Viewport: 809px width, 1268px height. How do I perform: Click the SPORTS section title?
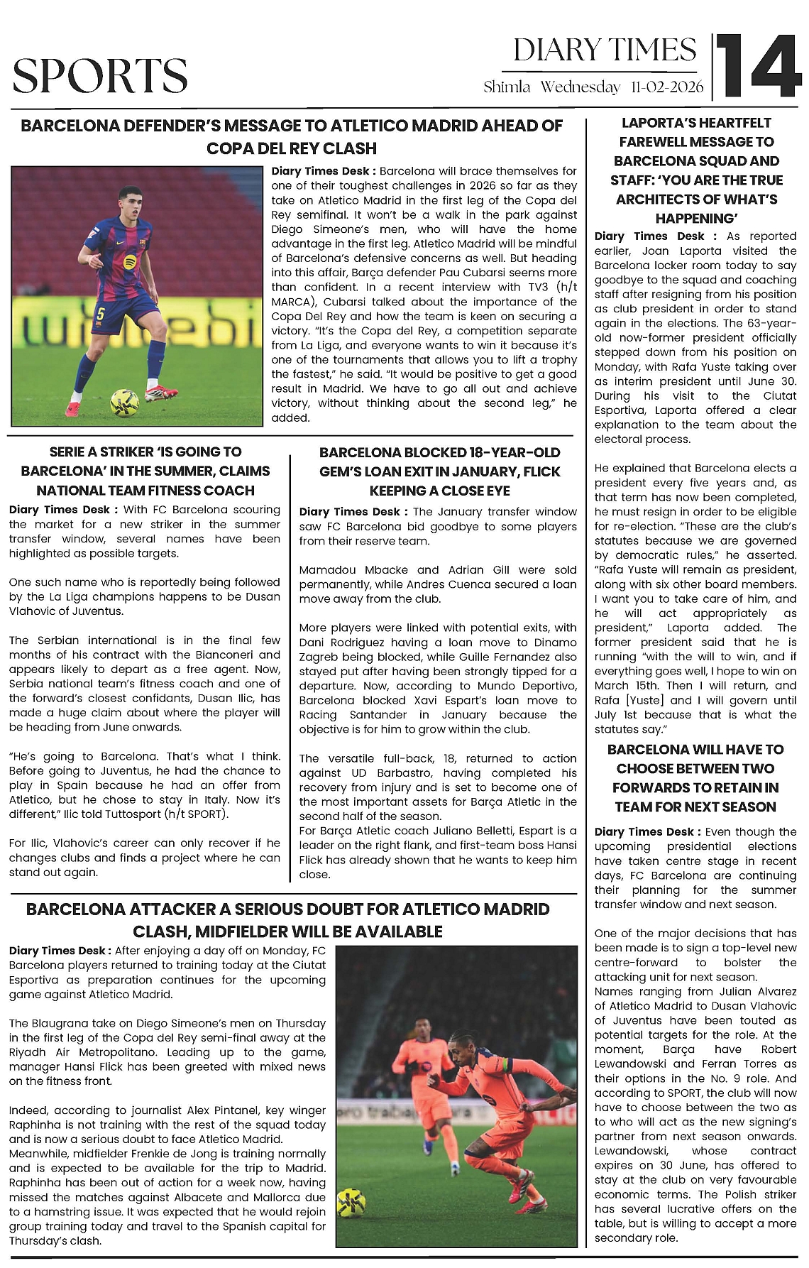tap(100, 76)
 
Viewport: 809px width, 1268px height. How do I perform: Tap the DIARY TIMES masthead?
tap(605, 50)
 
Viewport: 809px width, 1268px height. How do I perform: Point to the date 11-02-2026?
tap(666, 87)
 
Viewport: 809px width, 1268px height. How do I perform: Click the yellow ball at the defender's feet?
tap(125, 403)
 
